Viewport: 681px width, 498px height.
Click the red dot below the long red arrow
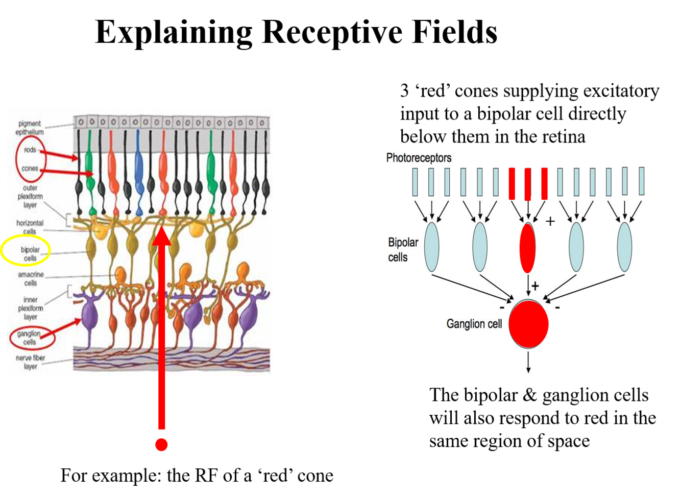click(161, 444)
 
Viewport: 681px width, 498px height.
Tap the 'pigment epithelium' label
click(29, 128)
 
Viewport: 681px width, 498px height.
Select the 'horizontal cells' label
click(30, 227)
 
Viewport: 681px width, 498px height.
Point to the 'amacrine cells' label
click(31, 278)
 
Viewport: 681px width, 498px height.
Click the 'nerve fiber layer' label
click(31, 362)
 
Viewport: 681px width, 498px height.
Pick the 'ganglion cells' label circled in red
click(29, 338)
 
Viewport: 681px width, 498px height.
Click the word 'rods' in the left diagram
click(30, 150)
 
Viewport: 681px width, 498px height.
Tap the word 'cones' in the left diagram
click(30, 168)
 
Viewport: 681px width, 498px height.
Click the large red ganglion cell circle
click(528, 324)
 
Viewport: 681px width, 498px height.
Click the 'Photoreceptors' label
click(419, 157)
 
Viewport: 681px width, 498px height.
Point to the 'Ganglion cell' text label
click(474, 324)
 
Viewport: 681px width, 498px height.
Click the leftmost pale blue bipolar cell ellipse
click(431, 247)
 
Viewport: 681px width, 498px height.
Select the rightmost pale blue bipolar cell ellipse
click(624, 247)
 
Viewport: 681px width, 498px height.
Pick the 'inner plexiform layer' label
click(31, 308)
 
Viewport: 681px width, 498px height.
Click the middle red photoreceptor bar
click(528, 183)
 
